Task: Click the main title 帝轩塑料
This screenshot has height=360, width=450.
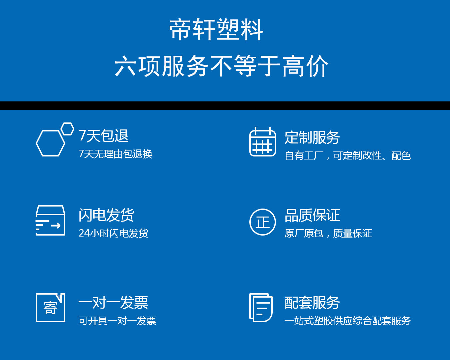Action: [x=216, y=29]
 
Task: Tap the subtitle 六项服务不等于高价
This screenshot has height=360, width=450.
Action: [x=221, y=66]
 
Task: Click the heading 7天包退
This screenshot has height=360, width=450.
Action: [x=104, y=136]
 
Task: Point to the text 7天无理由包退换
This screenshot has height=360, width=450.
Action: [x=115, y=154]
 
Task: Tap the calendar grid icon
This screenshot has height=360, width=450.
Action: [x=263, y=142]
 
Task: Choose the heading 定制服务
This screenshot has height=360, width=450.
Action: [x=312, y=137]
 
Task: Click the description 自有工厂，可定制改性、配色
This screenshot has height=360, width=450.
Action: [x=348, y=156]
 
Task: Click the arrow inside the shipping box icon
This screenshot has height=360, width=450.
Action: [x=56, y=226]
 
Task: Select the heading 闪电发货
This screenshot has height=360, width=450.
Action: [x=106, y=215]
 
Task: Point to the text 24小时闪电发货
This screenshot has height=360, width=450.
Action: [x=113, y=233]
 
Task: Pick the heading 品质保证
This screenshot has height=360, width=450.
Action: [x=312, y=215]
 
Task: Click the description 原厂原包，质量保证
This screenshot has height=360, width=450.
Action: [x=328, y=233]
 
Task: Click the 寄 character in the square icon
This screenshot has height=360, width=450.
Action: [x=50, y=308]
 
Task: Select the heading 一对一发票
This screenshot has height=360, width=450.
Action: [x=113, y=303]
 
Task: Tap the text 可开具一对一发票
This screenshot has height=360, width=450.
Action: [x=117, y=321]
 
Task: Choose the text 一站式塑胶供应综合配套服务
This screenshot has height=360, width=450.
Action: [x=348, y=321]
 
